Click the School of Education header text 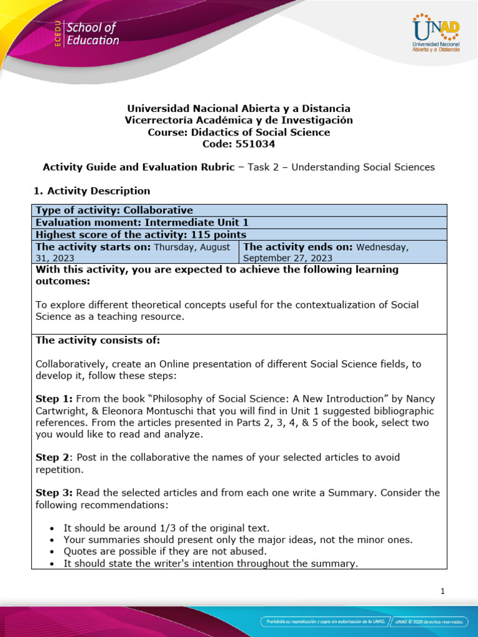pyautogui.click(x=92, y=34)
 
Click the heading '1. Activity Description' pyautogui.click(x=93, y=191)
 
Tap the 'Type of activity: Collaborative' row pyautogui.click(x=115, y=210)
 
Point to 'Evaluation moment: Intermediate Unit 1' pyautogui.click(x=133, y=222)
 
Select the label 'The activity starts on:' pyautogui.click(x=93, y=247)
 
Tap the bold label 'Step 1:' pyautogui.click(x=52, y=398)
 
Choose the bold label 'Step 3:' pyautogui.click(x=52, y=493)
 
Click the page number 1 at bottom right pyautogui.click(x=442, y=592)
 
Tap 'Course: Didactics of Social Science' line pyautogui.click(x=239, y=132)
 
